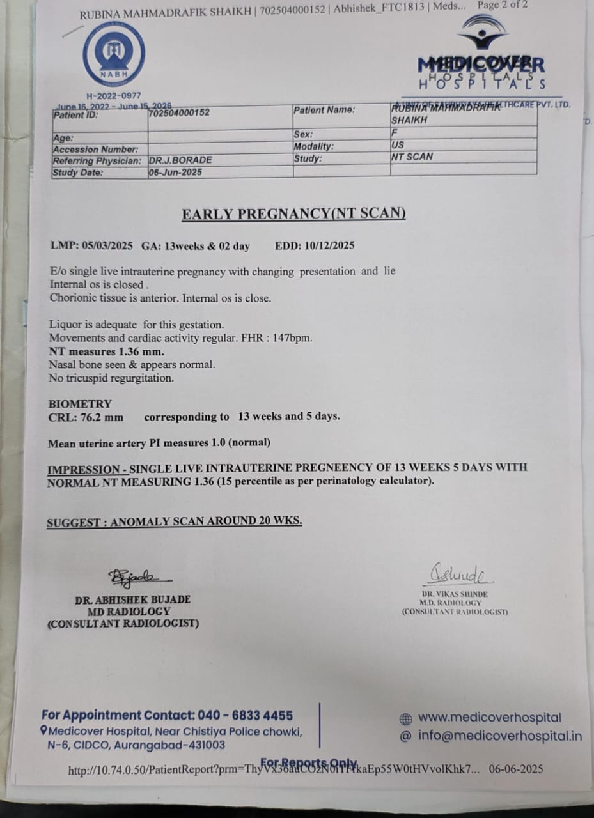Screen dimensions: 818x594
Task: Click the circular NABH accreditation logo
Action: coord(114,56)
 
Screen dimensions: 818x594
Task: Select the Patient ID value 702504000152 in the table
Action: coord(180,113)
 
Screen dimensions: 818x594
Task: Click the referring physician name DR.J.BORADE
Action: coord(180,160)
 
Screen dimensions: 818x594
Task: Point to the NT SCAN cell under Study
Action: coord(412,157)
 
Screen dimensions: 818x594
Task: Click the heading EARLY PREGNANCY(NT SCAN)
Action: coord(293,214)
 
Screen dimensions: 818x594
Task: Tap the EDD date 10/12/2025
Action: coord(331,245)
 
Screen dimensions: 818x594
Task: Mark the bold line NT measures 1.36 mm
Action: coord(107,351)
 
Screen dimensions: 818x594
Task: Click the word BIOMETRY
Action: coord(80,404)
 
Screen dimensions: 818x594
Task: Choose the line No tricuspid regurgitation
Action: coord(111,378)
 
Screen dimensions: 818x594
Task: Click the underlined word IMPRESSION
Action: coord(83,468)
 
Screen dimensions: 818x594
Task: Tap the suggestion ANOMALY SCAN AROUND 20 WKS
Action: coord(206,521)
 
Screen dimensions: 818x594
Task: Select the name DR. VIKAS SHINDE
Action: coord(454,594)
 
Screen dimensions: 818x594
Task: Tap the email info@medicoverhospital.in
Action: coord(500,736)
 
